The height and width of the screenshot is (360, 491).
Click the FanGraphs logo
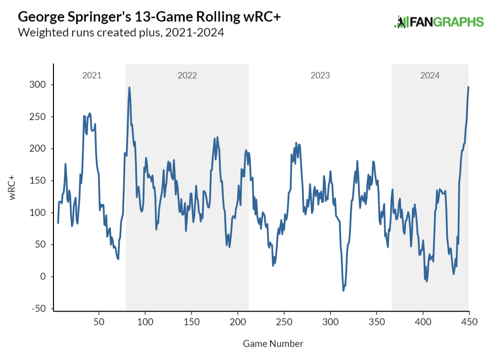click(x=438, y=22)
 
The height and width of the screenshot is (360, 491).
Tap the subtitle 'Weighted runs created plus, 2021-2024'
click(x=121, y=33)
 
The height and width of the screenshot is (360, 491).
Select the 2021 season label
click(x=92, y=76)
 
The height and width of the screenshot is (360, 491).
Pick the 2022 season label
click(x=187, y=76)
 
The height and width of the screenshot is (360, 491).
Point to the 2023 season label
click(x=320, y=76)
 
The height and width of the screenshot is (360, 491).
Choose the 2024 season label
click(x=430, y=76)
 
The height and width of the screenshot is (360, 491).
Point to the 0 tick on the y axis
click(x=44, y=277)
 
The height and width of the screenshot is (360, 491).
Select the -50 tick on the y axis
click(x=39, y=309)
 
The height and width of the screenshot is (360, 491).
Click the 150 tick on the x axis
click(x=192, y=322)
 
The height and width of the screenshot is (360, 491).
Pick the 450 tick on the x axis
click(x=469, y=322)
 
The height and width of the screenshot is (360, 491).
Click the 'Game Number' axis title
click(x=273, y=343)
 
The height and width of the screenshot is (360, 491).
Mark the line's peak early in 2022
click(x=129, y=88)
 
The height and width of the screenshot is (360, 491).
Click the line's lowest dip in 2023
click(x=344, y=290)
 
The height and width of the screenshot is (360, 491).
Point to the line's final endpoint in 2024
click(x=468, y=87)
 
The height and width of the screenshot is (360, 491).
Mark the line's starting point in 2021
click(x=58, y=223)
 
